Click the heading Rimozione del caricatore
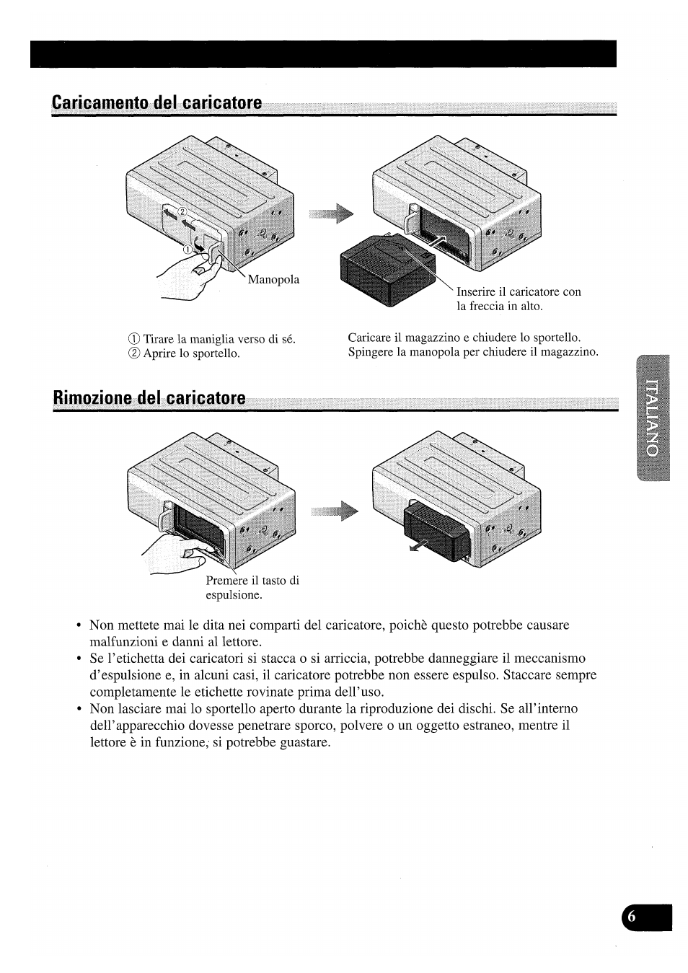[149, 399]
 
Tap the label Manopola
[273, 280]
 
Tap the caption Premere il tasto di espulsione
[252, 588]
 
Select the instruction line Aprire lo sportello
[184, 353]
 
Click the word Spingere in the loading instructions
[371, 352]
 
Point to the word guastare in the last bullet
[303, 742]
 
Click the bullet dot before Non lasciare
[78, 709]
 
